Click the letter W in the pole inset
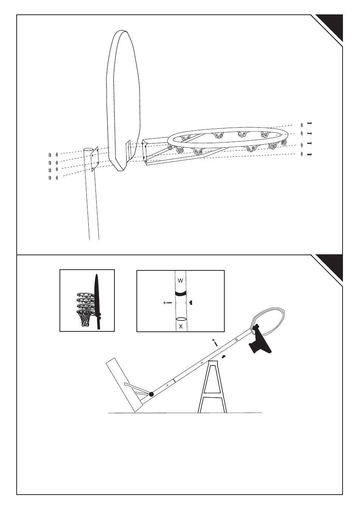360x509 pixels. [x=180, y=281]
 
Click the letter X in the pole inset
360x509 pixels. [x=181, y=326]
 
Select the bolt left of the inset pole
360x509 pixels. [x=167, y=303]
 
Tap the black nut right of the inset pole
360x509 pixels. [x=192, y=303]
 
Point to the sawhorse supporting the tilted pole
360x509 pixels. [x=213, y=388]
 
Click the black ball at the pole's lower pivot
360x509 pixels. [x=152, y=394]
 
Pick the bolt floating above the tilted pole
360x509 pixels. [x=214, y=342]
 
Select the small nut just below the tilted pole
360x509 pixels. [x=224, y=356]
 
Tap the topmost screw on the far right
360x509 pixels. [x=309, y=123]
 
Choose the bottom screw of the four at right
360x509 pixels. [x=309, y=154]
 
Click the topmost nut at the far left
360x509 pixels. [x=49, y=155]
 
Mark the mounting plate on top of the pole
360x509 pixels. [x=95, y=157]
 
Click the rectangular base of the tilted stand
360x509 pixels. [x=121, y=384]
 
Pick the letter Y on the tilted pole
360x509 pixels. [x=167, y=385]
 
